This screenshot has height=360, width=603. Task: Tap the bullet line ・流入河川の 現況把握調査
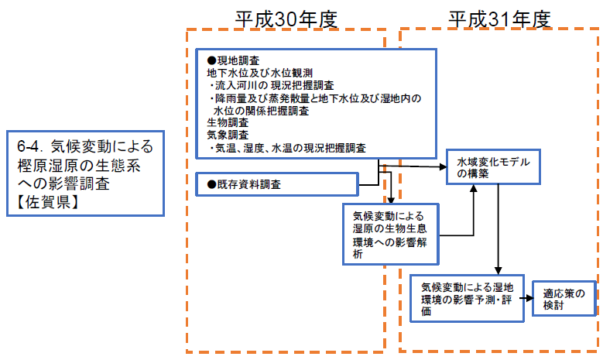pyautogui.click(x=272, y=84)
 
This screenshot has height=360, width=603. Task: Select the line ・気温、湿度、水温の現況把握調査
pyautogui.click(x=286, y=146)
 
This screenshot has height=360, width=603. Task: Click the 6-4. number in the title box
pyautogui.click(x=31, y=146)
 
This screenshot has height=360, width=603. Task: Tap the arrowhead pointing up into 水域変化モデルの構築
pyautogui.click(x=473, y=188)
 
